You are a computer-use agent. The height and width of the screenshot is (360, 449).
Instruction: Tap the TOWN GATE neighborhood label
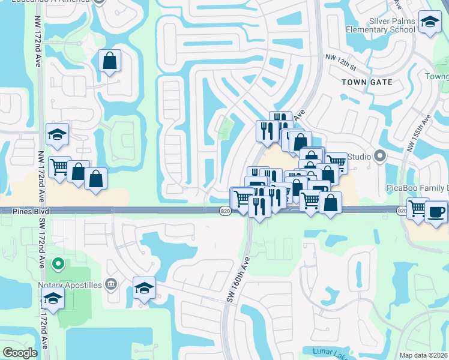coord(367,82)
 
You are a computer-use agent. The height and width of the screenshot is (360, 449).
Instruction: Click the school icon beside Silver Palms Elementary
coord(429,23)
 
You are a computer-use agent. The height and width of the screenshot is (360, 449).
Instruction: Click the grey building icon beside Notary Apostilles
coord(110,283)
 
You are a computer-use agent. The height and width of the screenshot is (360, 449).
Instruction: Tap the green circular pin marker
coord(58,263)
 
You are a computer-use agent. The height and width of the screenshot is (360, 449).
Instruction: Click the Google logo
coord(20,353)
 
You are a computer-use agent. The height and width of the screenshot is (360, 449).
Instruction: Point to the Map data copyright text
coord(424,355)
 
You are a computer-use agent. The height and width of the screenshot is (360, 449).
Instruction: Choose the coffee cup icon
coord(436,212)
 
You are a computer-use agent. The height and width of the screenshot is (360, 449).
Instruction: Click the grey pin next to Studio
coord(379,157)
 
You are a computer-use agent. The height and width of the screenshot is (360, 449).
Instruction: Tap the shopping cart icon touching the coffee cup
coord(417,209)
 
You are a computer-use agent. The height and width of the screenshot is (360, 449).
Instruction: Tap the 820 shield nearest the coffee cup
coord(402,211)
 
